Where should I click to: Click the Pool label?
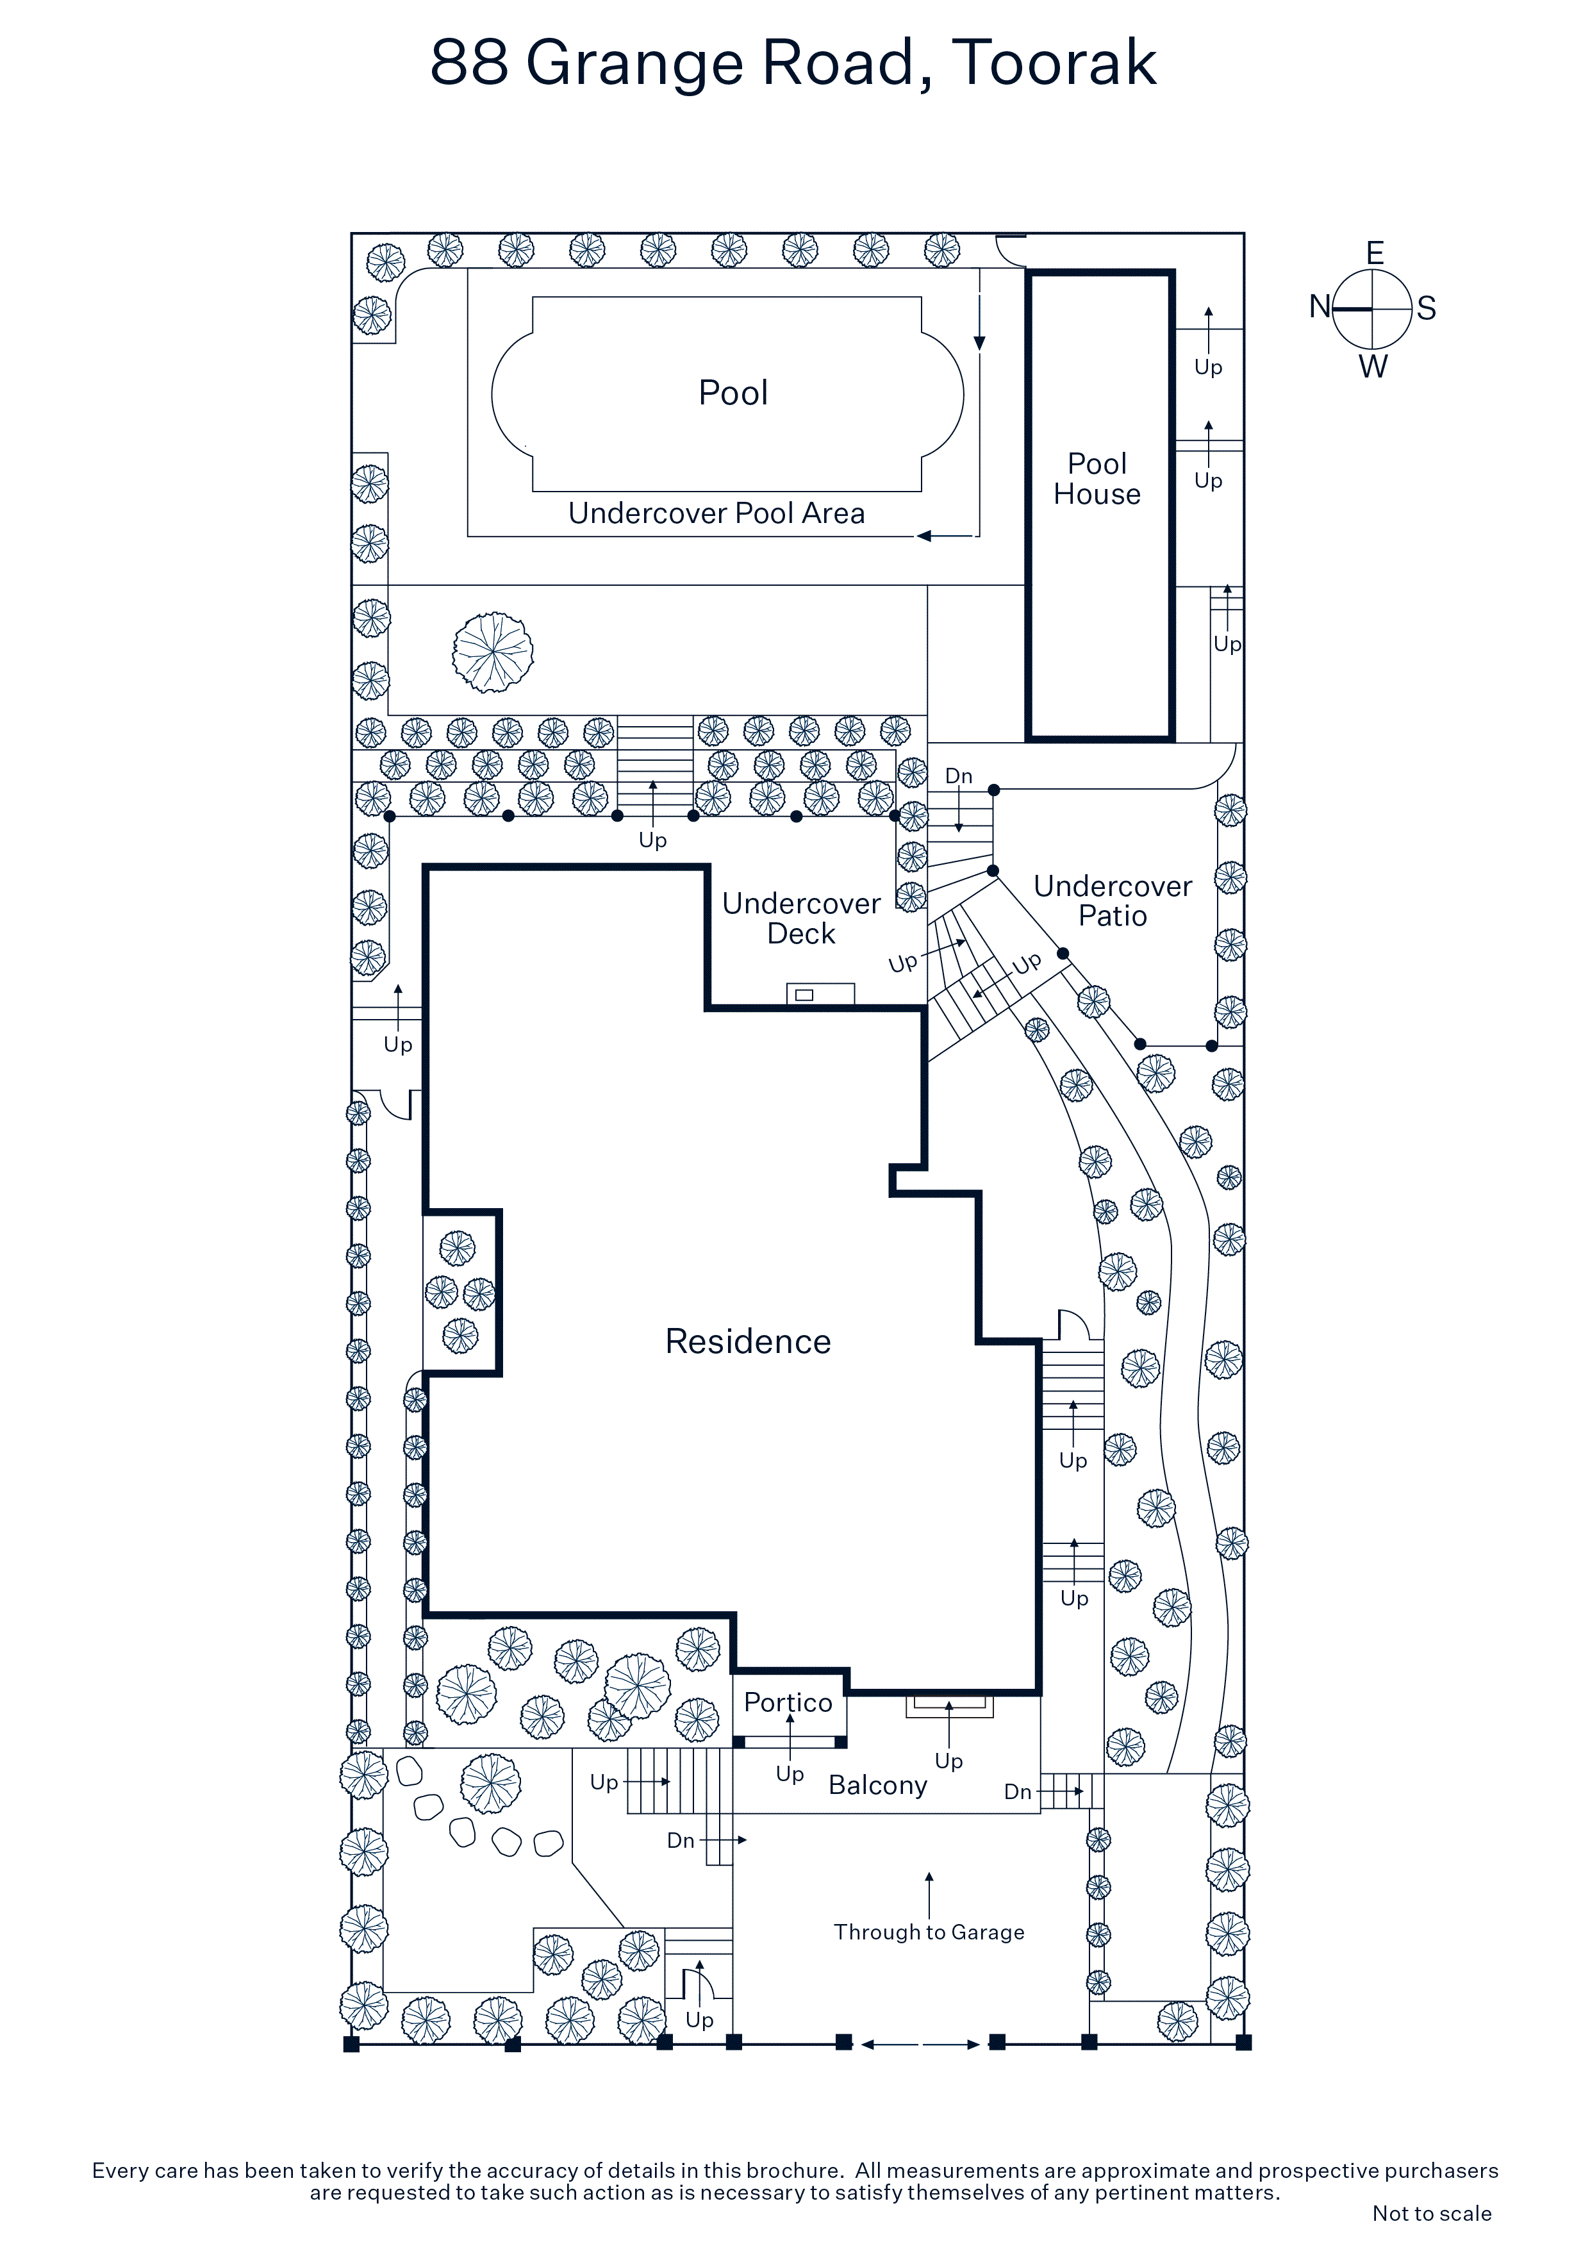point(733,393)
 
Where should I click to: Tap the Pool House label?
point(1097,478)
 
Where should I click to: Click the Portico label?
point(788,1702)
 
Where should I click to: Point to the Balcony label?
point(878,1786)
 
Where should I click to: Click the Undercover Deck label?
point(801,918)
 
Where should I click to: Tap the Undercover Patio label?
point(1113,900)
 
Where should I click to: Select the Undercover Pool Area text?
point(716,513)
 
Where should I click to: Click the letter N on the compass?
point(1320,308)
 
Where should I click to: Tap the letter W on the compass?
point(1373,367)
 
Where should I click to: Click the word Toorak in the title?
point(1054,63)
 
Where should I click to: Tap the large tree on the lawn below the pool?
point(493,651)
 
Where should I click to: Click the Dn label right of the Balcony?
point(1018,1791)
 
